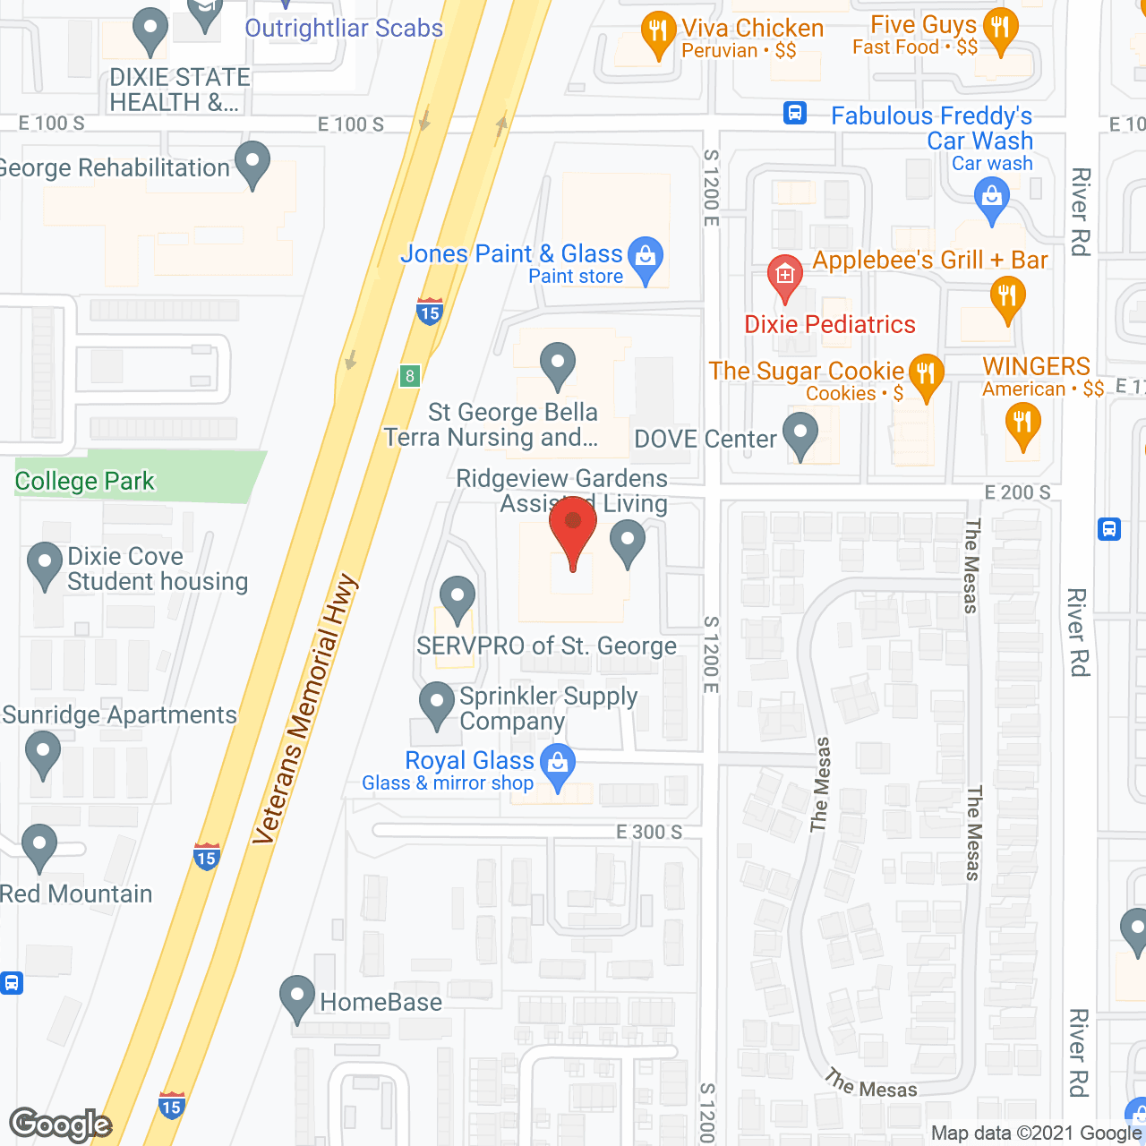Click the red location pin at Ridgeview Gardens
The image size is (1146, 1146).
coord(572,527)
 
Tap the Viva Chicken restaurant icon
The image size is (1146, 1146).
coord(658,33)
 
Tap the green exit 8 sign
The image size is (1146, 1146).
coord(410,376)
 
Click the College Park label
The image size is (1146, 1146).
coord(85,482)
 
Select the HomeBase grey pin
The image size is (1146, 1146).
coord(297,997)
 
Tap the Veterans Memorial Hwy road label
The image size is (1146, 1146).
coord(305,710)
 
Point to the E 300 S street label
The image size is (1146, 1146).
coord(649,832)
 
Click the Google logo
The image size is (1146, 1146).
coord(61,1125)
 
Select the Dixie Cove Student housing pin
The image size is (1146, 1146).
coord(45,564)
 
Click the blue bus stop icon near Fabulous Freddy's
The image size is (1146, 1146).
coord(795,113)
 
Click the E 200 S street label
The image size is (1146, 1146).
coord(1018,492)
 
